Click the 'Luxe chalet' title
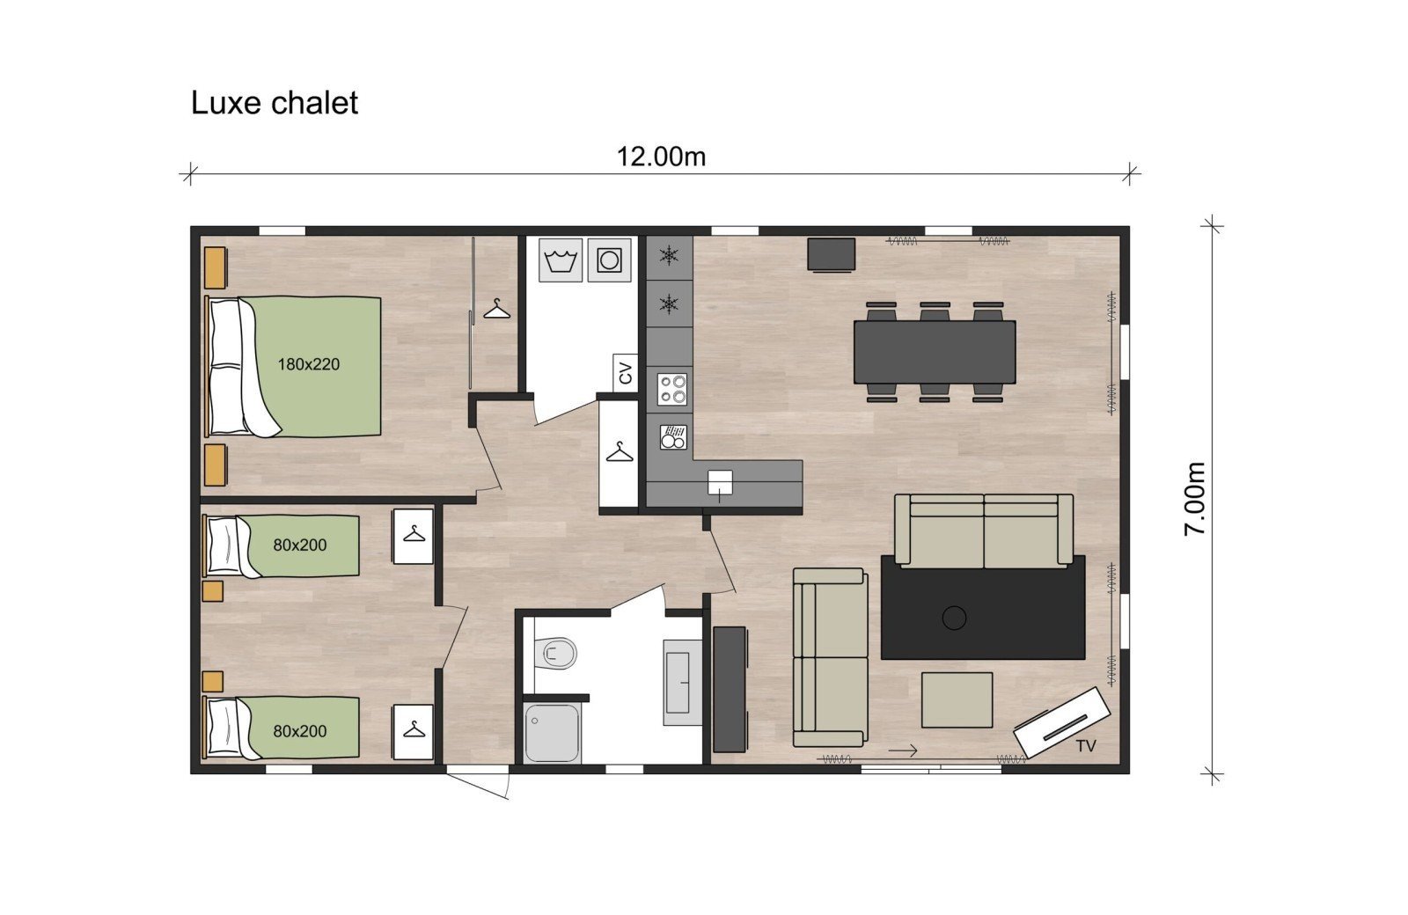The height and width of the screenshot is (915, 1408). coord(275,103)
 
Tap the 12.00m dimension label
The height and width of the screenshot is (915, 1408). coord(661,157)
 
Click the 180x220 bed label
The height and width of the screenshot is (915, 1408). coord(309,363)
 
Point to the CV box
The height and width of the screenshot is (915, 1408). coord(626,372)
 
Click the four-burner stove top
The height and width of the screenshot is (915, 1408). coord(671,389)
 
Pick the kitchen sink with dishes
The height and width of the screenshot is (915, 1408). coord(672,437)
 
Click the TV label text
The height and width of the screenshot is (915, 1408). coord(1086,746)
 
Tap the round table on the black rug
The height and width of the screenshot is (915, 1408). coord(954,618)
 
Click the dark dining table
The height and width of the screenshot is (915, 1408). coord(934,351)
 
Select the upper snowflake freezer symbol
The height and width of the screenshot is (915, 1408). coord(670,257)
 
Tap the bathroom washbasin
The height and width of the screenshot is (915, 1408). coord(684,682)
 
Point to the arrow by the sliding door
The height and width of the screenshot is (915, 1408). coord(903,750)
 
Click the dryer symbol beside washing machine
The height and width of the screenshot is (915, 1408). coord(609,260)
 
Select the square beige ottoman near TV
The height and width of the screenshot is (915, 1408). coord(957,699)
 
